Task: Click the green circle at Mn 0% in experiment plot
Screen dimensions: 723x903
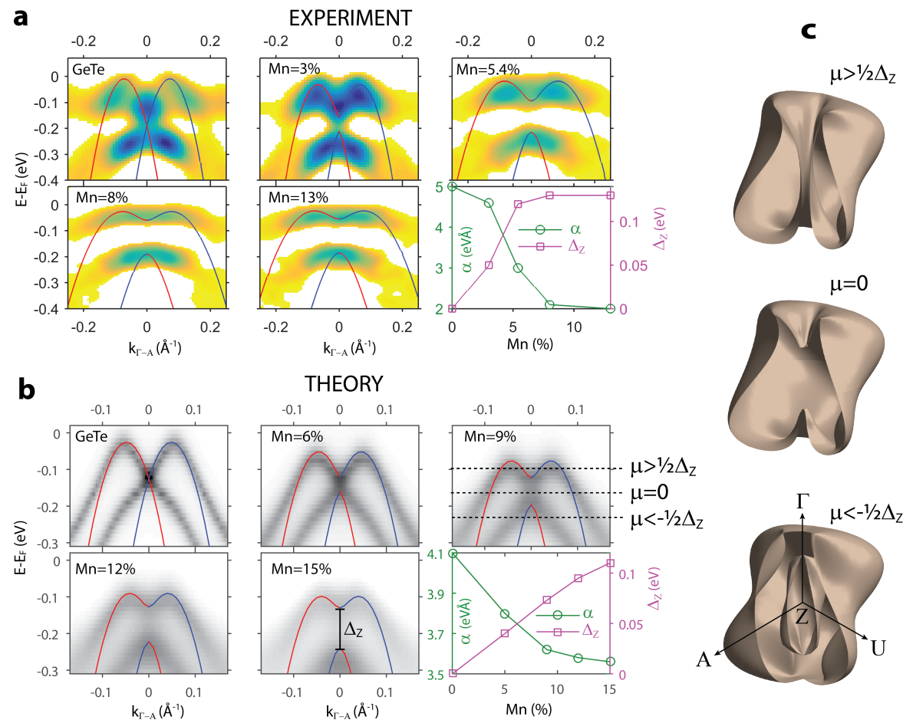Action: [x=453, y=186]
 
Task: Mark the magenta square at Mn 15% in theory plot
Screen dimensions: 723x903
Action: [x=610, y=564]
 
